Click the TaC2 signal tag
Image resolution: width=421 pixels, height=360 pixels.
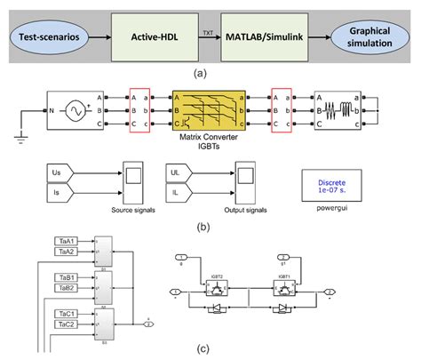65,326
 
